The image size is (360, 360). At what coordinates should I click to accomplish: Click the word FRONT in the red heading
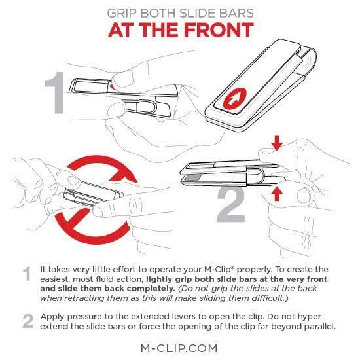pos(219,30)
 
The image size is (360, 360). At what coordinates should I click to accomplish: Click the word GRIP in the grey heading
pos(122,13)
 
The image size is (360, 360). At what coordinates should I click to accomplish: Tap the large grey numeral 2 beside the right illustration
pos(231,204)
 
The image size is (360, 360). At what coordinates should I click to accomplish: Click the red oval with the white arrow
pos(235,99)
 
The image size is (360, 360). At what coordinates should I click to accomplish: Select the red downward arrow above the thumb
pos(277,143)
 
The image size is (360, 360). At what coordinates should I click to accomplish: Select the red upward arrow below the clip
pos(277,193)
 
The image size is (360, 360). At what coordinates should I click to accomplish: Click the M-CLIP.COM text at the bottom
pos(179,348)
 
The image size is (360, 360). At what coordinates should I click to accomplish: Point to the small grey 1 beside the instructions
pos(27,274)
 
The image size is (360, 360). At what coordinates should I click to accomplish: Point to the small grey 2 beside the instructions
pos(28,321)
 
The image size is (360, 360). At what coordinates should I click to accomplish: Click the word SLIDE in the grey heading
pos(198,13)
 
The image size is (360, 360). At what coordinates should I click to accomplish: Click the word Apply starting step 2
pos(52,317)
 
